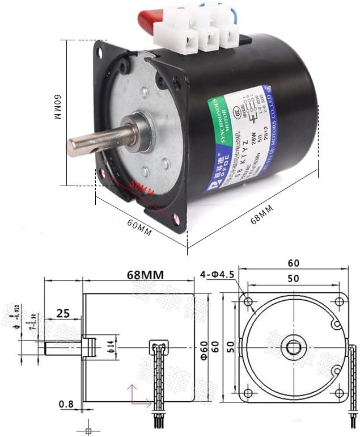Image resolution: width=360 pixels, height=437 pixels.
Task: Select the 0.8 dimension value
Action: coord(66,404)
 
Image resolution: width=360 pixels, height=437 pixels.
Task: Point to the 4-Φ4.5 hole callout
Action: coord(217,276)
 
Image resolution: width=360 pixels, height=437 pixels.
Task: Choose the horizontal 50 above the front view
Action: coord(293,279)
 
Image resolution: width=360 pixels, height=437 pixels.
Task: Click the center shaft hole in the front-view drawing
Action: coord(293,347)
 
